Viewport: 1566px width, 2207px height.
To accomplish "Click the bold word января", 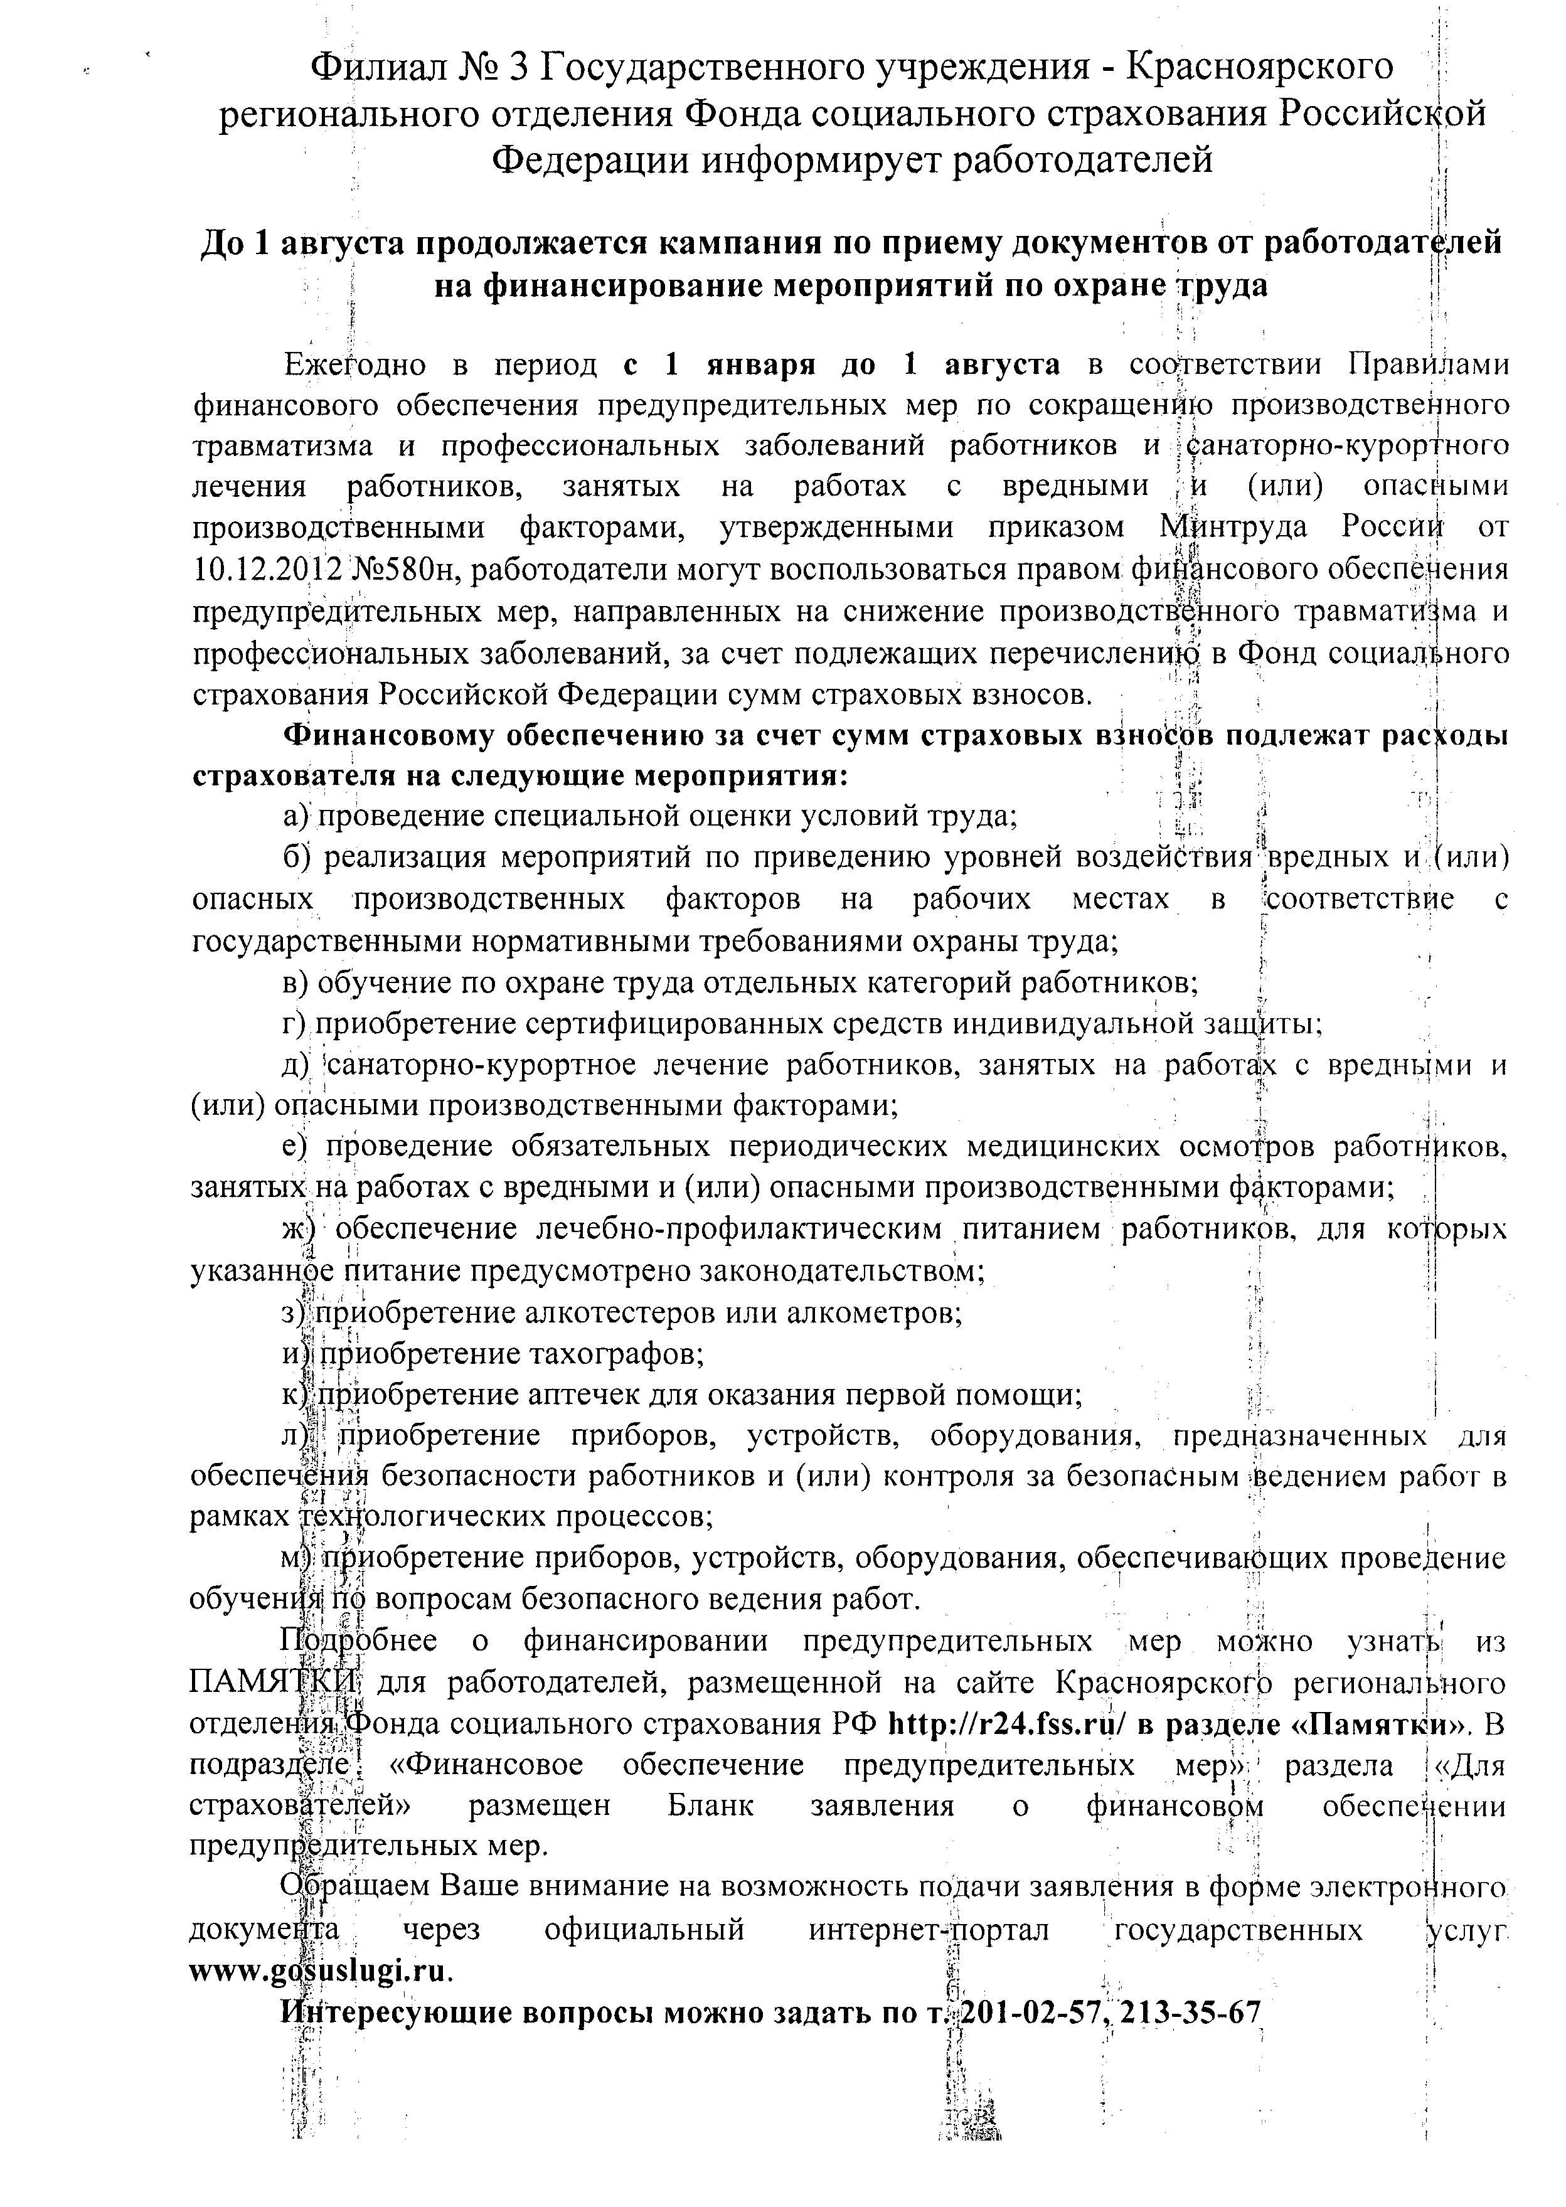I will coord(760,364).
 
